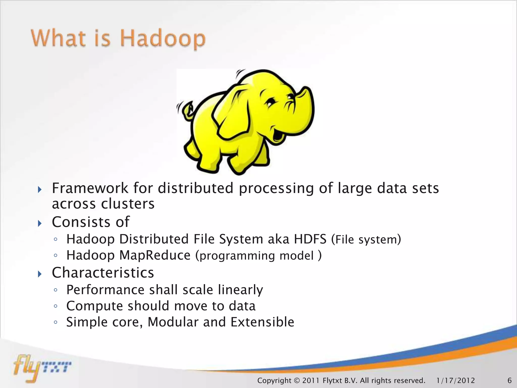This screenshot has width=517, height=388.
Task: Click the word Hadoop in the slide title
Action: click(163, 38)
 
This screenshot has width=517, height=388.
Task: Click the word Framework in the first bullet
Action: click(90, 188)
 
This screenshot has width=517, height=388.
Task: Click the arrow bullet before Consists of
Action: click(39, 223)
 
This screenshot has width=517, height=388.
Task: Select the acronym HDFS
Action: click(310, 239)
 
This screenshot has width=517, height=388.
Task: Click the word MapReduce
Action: click(155, 255)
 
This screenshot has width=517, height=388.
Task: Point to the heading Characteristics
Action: click(103, 273)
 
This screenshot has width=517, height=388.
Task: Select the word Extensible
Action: click(262, 322)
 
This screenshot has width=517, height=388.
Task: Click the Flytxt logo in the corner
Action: click(42, 368)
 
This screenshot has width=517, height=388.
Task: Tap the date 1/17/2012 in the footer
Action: click(455, 380)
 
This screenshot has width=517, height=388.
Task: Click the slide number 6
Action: click(509, 380)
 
